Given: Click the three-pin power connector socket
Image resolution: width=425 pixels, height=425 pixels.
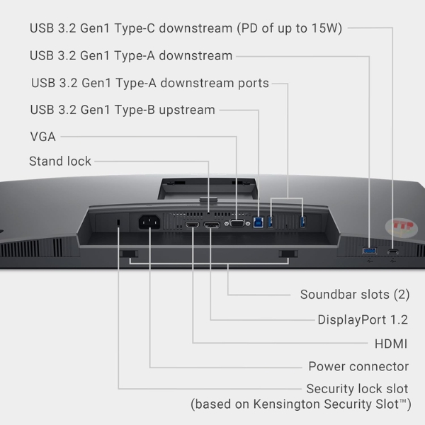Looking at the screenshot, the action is click(149, 222).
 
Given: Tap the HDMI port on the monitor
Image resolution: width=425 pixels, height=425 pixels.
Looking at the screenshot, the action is click(192, 225).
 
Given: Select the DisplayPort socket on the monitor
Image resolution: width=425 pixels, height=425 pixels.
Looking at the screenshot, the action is click(212, 225).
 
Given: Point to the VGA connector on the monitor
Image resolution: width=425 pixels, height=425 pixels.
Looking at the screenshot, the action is click(237, 223).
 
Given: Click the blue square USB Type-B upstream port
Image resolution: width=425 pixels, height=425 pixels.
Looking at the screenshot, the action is click(259, 222).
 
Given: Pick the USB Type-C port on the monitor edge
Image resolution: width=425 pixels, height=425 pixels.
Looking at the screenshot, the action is click(393, 251).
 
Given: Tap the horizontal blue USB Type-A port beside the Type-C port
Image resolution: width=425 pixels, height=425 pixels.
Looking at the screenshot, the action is click(370, 251).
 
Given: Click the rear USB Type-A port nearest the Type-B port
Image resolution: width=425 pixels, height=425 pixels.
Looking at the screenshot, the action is click(271, 222).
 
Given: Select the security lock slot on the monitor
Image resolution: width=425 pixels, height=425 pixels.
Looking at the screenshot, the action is click(118, 222).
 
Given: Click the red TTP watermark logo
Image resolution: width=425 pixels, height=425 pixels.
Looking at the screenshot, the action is click(402, 227).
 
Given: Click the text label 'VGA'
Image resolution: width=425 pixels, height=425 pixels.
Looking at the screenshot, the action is click(42, 137).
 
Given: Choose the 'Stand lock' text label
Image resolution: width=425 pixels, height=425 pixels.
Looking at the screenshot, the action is click(60, 161).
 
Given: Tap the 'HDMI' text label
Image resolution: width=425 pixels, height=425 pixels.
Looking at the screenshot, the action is click(391, 344).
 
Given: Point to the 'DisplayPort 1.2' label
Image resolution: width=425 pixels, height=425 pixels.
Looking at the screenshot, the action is click(363, 319).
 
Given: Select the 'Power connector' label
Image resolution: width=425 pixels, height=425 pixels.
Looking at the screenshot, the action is click(358, 366).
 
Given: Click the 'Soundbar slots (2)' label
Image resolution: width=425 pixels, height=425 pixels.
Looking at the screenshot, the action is click(355, 295).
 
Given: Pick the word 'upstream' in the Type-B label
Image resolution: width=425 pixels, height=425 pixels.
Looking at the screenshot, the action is click(187, 110).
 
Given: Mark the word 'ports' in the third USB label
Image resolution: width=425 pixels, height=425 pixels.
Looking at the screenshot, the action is click(254, 84).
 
